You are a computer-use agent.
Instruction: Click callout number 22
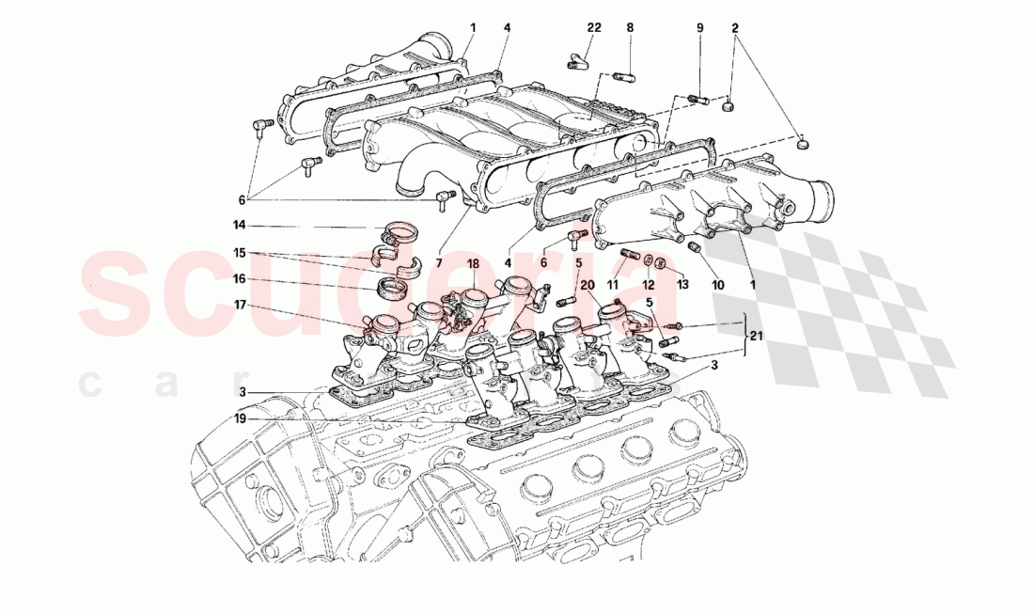tap(593, 29)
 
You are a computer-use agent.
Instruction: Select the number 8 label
tap(631, 29)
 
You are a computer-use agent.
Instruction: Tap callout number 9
tap(699, 29)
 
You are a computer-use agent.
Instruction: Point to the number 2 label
tap(736, 29)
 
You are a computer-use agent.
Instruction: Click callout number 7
tap(438, 262)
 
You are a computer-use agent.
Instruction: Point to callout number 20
tap(588, 284)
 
